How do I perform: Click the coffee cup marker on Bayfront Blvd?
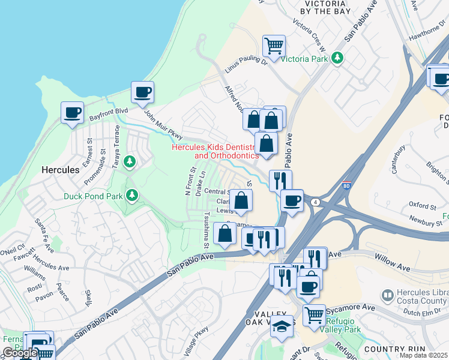click(72, 112)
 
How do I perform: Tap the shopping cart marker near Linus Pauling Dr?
click(274, 45)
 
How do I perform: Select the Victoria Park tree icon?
click(338, 58)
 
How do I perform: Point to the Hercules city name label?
click(60, 170)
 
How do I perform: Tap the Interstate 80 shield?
click(347, 185)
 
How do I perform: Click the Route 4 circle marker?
click(315, 202)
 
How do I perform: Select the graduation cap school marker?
click(282, 326)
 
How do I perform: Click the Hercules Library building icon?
click(387, 295)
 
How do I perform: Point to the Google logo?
click(19, 352)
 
